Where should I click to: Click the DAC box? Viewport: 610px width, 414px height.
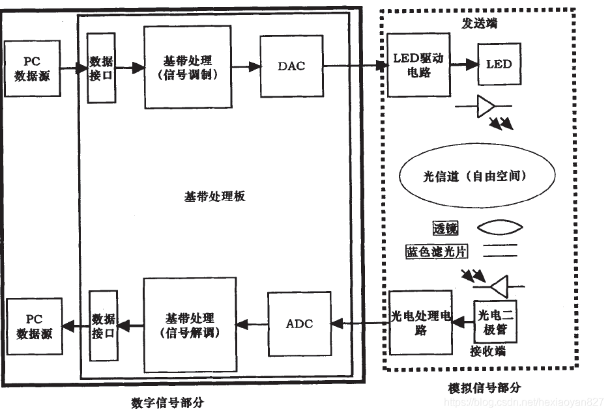pos(291,66)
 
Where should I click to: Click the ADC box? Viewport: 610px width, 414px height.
pos(299,324)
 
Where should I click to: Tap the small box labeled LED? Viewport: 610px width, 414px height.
pos(499,64)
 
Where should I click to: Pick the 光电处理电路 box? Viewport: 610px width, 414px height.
pos(420,323)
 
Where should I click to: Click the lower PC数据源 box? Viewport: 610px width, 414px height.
pos(35,325)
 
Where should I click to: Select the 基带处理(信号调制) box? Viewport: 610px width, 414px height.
pos(188,67)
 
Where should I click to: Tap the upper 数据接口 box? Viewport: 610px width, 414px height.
pos(102,68)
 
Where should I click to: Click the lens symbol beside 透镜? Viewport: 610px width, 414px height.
pos(501,228)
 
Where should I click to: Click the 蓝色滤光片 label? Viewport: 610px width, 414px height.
pos(436,251)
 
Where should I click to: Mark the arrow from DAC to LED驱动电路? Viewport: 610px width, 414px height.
pos(352,65)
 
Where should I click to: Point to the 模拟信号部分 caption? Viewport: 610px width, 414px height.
pos(484,387)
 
